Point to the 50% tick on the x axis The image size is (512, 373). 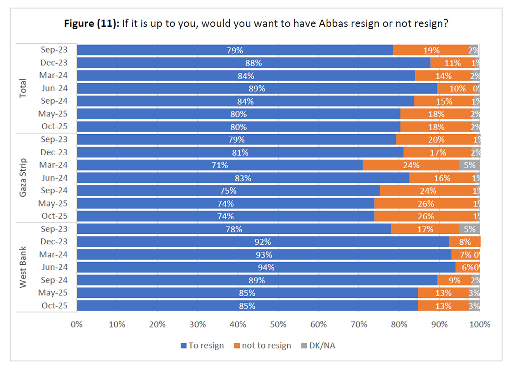click(x=278, y=324)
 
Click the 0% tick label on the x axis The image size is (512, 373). click(x=77, y=324)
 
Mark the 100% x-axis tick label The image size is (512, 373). click(x=479, y=324)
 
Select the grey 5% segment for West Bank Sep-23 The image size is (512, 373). click(x=470, y=229)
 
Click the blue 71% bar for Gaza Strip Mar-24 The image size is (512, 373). click(x=220, y=165)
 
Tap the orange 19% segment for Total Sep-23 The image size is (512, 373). click(x=431, y=50)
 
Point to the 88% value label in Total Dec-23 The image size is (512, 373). click(x=253, y=63)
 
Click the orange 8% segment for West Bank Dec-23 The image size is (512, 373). click(x=465, y=242)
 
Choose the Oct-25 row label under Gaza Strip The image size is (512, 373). click(x=54, y=216)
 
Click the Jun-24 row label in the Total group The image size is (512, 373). click(x=54, y=88)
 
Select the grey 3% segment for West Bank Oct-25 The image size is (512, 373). click(x=474, y=306)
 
